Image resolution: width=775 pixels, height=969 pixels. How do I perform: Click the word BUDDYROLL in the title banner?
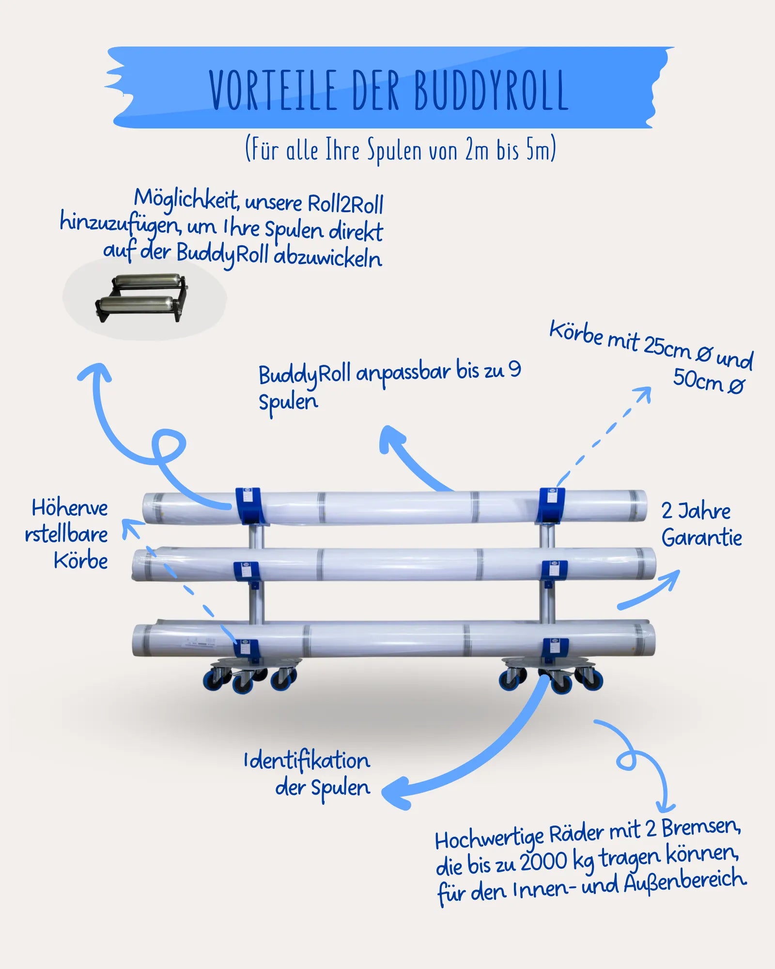point(491,90)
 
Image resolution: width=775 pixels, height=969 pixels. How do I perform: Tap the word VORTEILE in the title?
point(273,90)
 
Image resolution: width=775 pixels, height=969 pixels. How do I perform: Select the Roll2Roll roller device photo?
point(141,298)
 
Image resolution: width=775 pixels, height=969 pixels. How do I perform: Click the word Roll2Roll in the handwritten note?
point(345,203)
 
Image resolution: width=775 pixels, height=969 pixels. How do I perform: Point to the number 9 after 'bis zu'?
point(514,370)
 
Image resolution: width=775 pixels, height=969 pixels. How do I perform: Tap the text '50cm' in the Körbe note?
point(697,379)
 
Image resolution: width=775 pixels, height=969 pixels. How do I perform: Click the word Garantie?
point(701,538)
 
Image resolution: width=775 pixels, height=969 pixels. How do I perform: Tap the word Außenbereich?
point(684,882)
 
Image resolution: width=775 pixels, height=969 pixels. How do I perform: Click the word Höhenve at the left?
point(70,508)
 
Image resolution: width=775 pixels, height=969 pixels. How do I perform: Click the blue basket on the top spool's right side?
point(552,505)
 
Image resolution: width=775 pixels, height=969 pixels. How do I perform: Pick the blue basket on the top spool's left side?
point(249,506)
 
